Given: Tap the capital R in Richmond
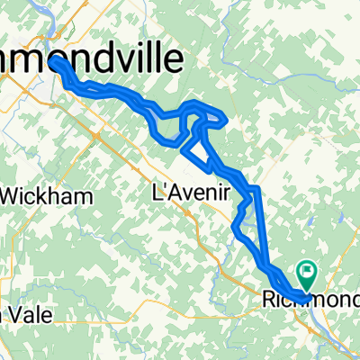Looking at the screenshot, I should pos(269,297).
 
